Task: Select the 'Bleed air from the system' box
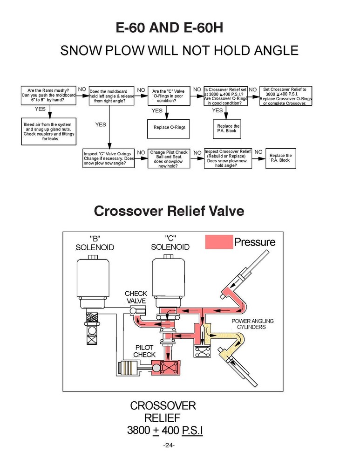coord(48,131)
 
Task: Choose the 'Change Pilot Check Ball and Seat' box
coord(169,159)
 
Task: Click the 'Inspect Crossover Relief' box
coord(228,159)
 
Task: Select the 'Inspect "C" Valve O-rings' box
coord(109,159)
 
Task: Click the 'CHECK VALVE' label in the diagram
coord(136,297)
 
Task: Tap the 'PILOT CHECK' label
coord(144,351)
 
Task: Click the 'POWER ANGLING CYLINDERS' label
coord(252,324)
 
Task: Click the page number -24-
coord(169,446)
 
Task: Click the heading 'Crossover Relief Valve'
coord(169,211)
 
